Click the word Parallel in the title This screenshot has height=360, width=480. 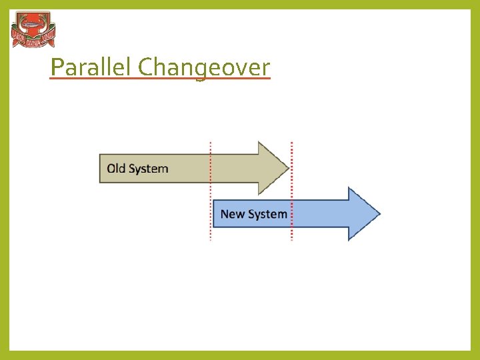(x=91, y=67)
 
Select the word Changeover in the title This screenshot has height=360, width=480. (x=204, y=67)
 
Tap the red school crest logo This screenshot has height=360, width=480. (x=33, y=30)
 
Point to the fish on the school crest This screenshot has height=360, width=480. (x=33, y=26)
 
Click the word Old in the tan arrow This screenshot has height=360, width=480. (x=116, y=168)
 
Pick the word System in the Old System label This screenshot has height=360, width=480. (x=148, y=169)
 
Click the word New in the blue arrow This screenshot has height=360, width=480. (x=233, y=214)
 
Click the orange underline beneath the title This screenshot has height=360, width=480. (x=160, y=79)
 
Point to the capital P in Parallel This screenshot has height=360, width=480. (x=57, y=67)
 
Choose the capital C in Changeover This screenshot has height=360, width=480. (x=145, y=67)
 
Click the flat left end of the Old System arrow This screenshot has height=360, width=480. (x=101, y=168)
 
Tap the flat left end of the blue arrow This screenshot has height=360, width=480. (x=214, y=214)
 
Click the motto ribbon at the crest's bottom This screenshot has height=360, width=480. (x=33, y=43)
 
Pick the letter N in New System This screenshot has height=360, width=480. (x=225, y=214)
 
